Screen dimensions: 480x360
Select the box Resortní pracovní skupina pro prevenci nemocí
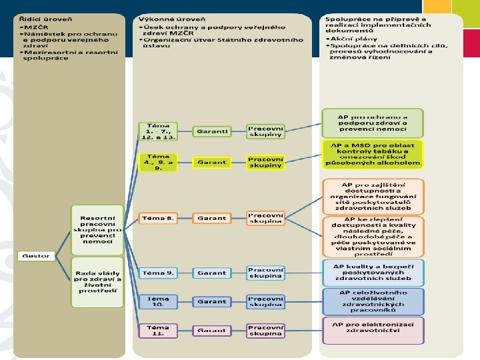[97, 229]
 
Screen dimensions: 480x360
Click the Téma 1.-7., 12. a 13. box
[159, 131]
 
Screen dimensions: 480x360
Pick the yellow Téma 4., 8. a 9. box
[159, 162]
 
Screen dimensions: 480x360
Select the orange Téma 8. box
[159, 218]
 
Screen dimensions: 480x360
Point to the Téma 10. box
[159, 301]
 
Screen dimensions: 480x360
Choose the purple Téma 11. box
[159, 330]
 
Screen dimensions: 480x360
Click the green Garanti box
[212, 131]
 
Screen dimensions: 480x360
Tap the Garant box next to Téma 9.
[212, 273]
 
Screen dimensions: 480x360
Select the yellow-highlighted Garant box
[212, 162]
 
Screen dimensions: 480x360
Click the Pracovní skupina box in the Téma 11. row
[265, 330]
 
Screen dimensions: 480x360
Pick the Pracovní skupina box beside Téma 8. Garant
[265, 218]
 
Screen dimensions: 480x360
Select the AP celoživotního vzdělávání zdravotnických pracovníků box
[373, 301]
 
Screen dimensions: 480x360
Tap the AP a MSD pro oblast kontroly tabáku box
[373, 154]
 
